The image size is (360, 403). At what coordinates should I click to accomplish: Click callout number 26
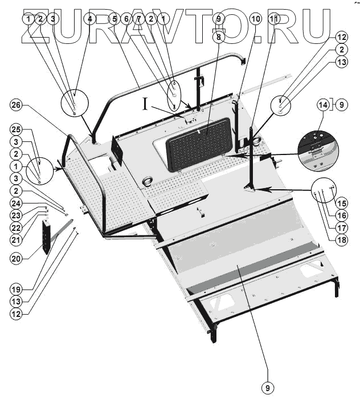[17, 106]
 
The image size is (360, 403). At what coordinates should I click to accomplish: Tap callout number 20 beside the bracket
[17, 258]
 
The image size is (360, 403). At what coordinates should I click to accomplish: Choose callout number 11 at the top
[274, 19]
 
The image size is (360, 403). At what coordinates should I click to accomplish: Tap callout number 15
[341, 202]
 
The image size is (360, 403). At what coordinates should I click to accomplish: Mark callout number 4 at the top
[89, 19]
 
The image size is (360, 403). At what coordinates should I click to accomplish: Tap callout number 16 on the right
[341, 215]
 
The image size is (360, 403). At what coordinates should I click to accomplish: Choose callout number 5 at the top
[114, 19]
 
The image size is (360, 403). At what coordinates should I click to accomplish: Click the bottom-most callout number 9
[267, 388]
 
